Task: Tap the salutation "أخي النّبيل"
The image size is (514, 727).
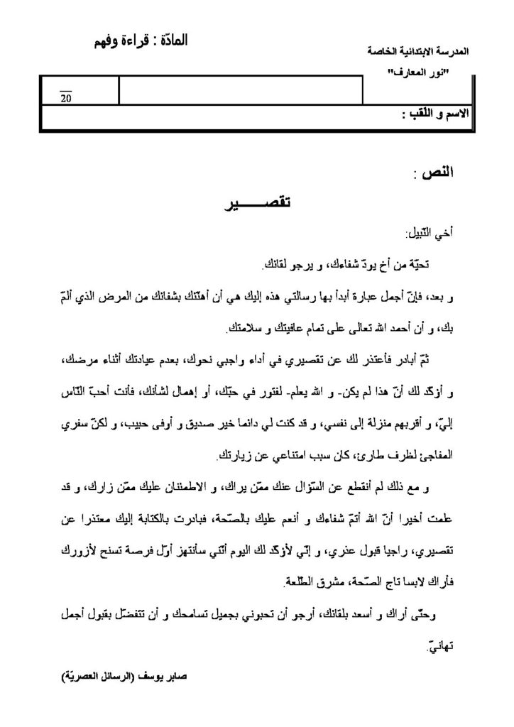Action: (x=432, y=234)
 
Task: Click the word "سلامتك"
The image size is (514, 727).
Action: (x=243, y=329)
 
